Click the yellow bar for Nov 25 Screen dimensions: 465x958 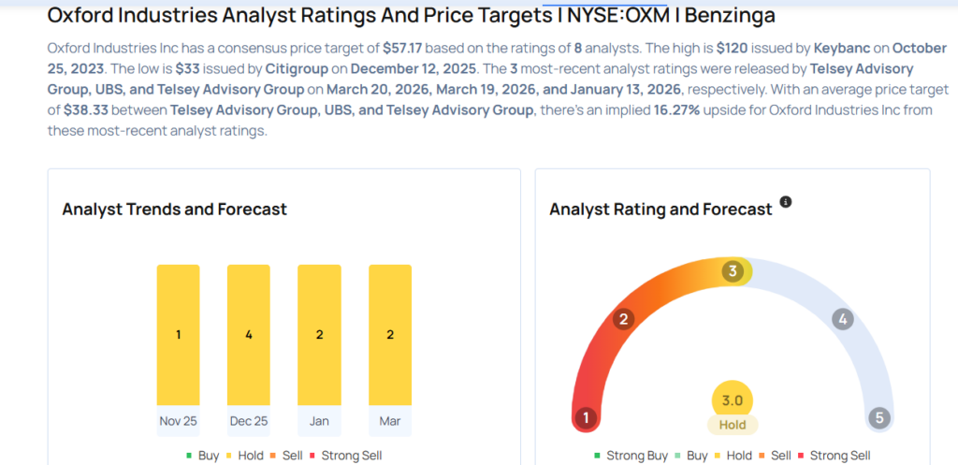click(x=178, y=335)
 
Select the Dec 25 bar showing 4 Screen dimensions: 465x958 click(x=248, y=335)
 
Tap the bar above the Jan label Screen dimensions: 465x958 click(x=319, y=335)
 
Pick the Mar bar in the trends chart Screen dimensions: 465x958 click(x=390, y=335)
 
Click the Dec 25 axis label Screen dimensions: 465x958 click(x=248, y=420)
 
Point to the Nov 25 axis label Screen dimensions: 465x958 click(x=178, y=420)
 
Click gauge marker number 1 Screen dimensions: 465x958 click(x=587, y=417)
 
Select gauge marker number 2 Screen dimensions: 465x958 click(x=622, y=319)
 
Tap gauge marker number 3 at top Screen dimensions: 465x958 click(x=733, y=271)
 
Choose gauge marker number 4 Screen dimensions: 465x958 click(x=843, y=319)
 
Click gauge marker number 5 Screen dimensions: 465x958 click(x=878, y=417)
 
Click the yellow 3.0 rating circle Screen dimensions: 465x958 click(x=733, y=400)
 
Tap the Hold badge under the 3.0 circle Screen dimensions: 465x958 click(x=733, y=425)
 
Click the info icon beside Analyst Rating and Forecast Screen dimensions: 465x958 click(x=786, y=202)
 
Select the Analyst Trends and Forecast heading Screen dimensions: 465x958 click(x=174, y=209)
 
